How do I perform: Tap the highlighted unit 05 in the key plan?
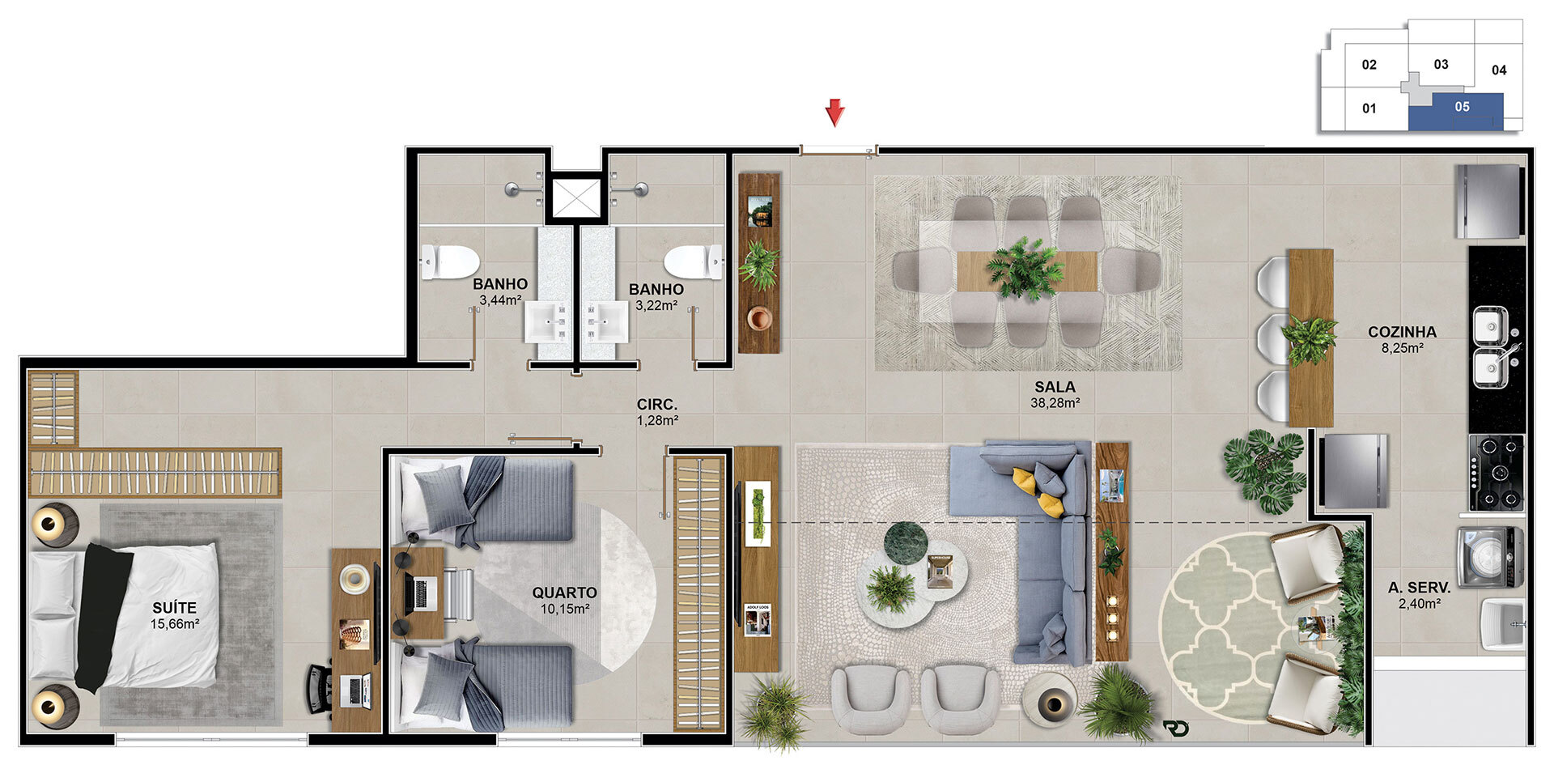pyautogui.click(x=1455, y=112)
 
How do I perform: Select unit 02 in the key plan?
pyautogui.click(x=1369, y=65)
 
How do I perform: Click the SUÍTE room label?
pyautogui.click(x=174, y=608)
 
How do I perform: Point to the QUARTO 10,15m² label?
pyautogui.click(x=564, y=601)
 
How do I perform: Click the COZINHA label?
pyautogui.click(x=1402, y=332)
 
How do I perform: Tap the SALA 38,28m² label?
pyautogui.click(x=1055, y=395)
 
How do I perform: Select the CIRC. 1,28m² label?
pyautogui.click(x=657, y=412)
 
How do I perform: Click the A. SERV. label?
pyautogui.click(x=1419, y=588)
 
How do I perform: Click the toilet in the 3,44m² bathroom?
pyautogui.click(x=450, y=261)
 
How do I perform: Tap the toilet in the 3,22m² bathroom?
pyautogui.click(x=694, y=261)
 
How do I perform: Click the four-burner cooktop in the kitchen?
pyautogui.click(x=1497, y=473)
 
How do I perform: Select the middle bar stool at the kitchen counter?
pyautogui.click(x=1274, y=338)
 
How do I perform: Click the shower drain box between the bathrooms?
pyautogui.click(x=575, y=198)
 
